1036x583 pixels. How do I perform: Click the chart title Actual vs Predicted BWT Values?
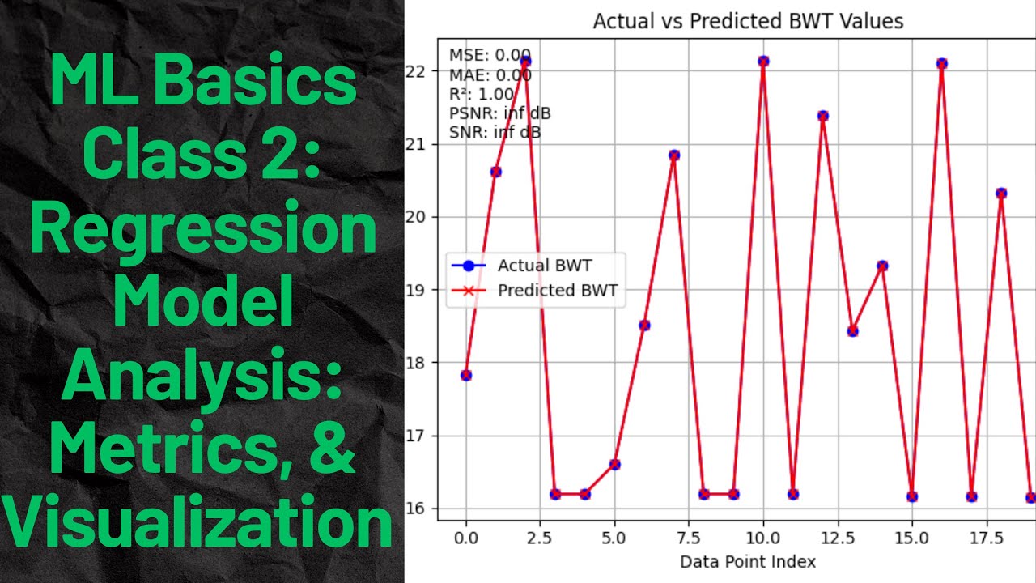pos(748,21)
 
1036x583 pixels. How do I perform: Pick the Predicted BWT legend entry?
pos(558,291)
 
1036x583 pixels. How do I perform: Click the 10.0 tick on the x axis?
pos(762,537)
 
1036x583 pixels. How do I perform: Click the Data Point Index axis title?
pos(748,560)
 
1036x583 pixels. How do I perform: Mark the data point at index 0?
pos(466,375)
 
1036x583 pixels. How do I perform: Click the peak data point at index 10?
pos(763,62)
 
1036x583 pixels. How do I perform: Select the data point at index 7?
pos(674,155)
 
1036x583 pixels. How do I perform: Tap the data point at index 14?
pos(882,266)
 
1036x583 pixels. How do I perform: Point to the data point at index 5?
pos(614,464)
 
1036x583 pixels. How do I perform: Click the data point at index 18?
pos(1001,193)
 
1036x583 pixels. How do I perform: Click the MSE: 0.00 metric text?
pos(490,55)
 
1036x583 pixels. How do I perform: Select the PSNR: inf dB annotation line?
pos(499,113)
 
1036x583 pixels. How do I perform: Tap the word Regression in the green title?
pos(202,231)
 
